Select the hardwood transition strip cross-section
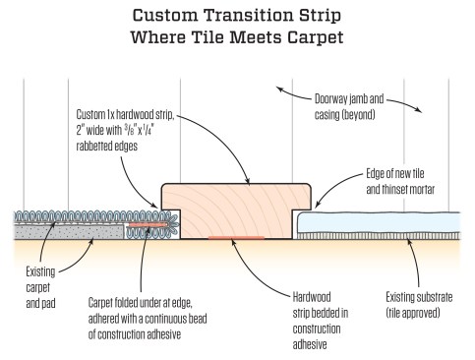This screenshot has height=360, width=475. [235, 210]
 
